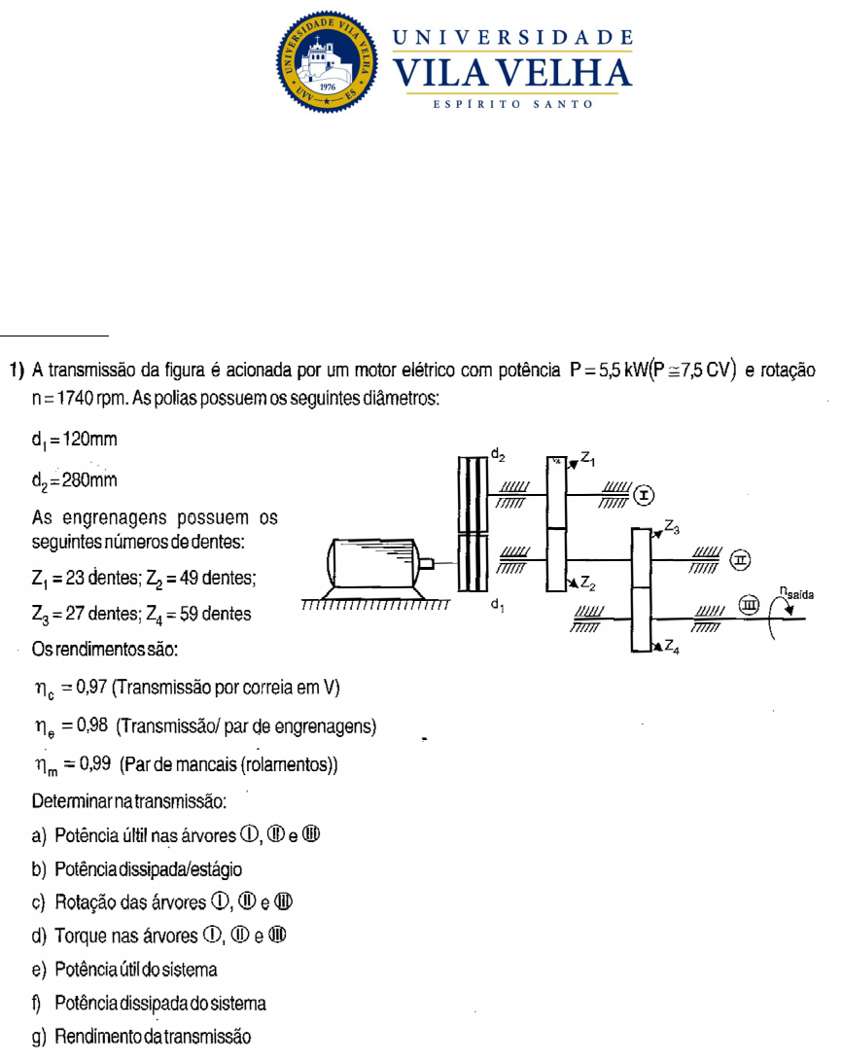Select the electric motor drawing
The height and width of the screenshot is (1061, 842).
(373, 563)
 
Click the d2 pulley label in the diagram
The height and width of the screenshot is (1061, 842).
(497, 454)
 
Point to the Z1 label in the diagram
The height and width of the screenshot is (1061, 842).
(589, 457)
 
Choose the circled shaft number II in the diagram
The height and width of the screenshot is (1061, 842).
(741, 560)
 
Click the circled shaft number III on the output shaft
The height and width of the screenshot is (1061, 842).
(748, 607)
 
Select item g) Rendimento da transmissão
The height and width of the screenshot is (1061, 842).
(142, 1037)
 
